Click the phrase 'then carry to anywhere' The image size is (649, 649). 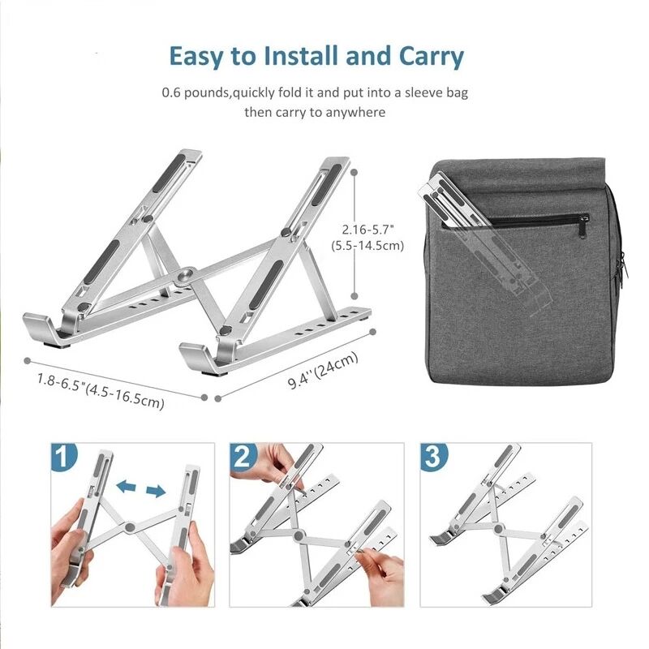[315, 112]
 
